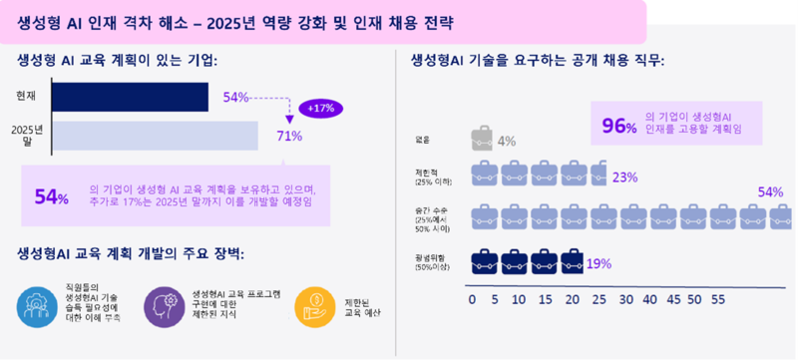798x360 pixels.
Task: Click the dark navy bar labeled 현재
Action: click(x=130, y=97)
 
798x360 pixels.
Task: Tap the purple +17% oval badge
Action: click(x=321, y=108)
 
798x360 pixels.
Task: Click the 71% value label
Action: click(x=289, y=137)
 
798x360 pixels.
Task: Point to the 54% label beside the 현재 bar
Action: click(x=235, y=97)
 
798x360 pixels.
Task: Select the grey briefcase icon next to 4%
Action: click(x=482, y=140)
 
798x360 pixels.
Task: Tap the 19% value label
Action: click(x=598, y=263)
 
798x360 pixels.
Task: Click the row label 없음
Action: click(x=426, y=140)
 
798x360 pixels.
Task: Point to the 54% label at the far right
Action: click(x=770, y=191)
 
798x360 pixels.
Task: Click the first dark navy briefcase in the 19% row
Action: click(x=484, y=263)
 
